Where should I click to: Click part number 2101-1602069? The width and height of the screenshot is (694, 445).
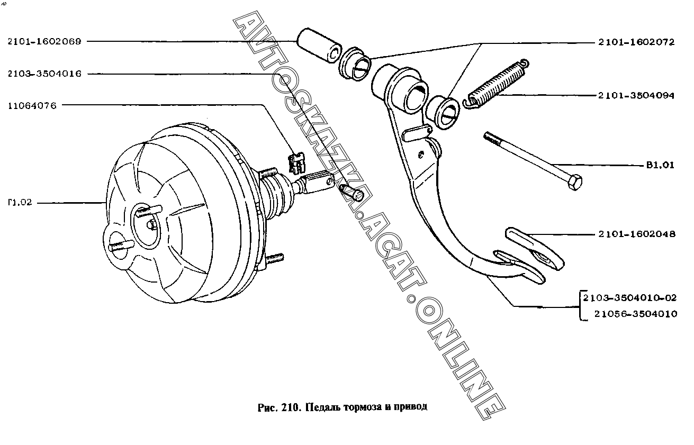[44, 42]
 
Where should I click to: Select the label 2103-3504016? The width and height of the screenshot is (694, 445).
[44, 74]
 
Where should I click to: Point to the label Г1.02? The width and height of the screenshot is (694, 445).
[20, 203]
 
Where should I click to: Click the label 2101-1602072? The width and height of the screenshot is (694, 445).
[636, 42]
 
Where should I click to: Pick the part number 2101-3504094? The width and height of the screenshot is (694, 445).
[636, 96]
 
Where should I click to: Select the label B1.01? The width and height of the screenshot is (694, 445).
[660, 165]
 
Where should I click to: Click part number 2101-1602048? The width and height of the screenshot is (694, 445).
[637, 233]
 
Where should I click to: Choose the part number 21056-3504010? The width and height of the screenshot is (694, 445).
[635, 314]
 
